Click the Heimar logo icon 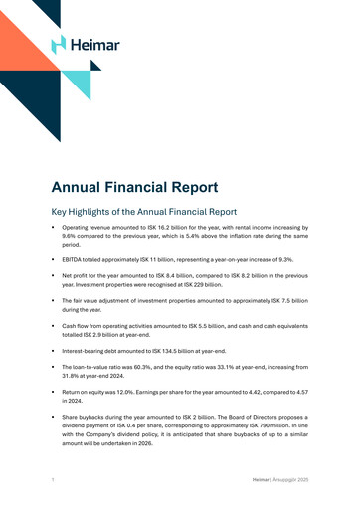click(x=58, y=44)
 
